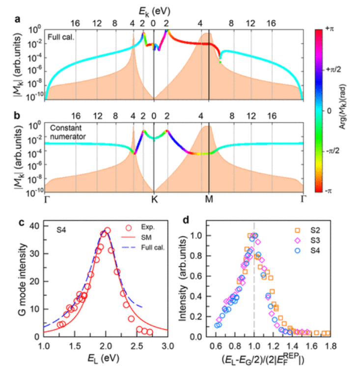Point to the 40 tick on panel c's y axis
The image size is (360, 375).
[x=37, y=226]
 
